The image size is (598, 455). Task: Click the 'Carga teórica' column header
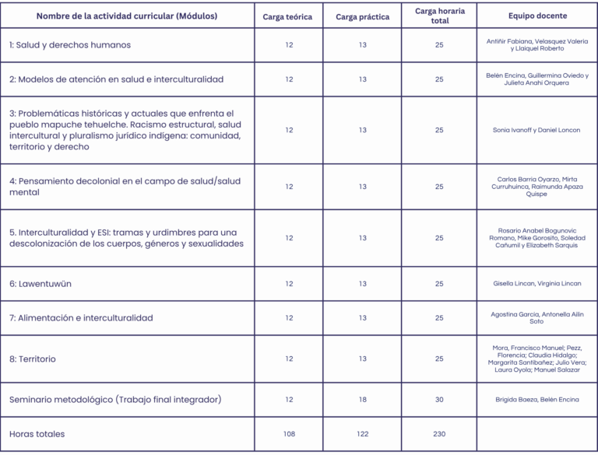point(287,16)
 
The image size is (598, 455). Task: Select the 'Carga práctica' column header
point(362,16)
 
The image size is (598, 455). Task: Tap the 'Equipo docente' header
point(537,16)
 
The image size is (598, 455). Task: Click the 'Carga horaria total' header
point(439,16)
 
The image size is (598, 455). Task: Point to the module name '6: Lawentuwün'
point(40,284)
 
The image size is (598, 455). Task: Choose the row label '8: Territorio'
point(33,359)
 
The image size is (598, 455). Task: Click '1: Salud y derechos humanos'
point(70,45)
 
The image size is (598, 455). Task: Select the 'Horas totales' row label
point(37,434)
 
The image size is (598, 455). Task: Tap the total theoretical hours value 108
point(289,434)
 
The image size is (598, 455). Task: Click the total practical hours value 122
point(362,434)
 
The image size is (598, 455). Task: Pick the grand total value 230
point(439,434)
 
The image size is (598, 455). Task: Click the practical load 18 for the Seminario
point(362,400)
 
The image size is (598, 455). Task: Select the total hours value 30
point(439,400)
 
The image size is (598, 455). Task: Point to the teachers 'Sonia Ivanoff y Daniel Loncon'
point(536,130)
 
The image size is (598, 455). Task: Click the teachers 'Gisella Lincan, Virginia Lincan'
point(536,284)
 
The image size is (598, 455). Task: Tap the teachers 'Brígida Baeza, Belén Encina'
point(536,400)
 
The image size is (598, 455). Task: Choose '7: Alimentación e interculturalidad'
point(81,318)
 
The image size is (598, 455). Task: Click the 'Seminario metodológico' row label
point(115,400)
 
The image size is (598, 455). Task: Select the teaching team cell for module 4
point(536,187)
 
